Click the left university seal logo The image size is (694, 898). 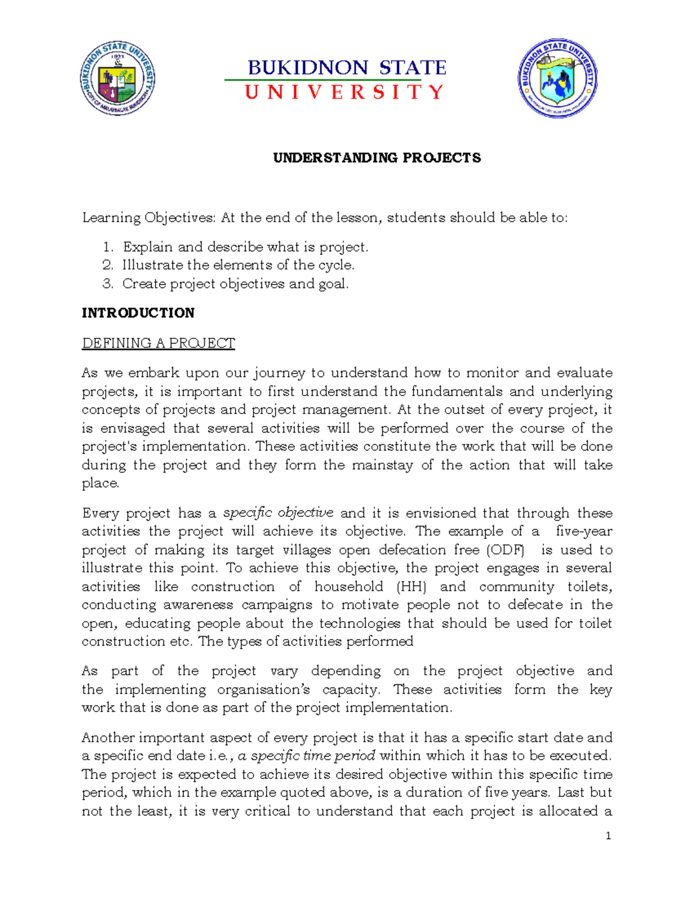click(x=117, y=79)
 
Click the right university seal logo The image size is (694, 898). click(x=557, y=79)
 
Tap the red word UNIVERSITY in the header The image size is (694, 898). click(x=345, y=93)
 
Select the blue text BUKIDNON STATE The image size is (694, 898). click(x=347, y=68)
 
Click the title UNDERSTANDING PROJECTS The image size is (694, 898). click(x=377, y=158)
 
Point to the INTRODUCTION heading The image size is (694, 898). click(x=138, y=313)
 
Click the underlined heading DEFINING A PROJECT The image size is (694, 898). click(x=158, y=343)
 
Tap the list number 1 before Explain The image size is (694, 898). click(x=107, y=247)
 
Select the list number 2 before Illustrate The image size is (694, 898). click(x=107, y=265)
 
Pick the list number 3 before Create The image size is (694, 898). click(x=107, y=284)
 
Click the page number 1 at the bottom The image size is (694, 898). click(x=608, y=836)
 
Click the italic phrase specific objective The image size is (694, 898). click(x=278, y=513)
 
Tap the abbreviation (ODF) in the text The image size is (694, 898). click(x=507, y=550)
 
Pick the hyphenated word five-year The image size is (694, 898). click(x=584, y=531)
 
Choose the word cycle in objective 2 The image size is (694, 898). click(x=335, y=265)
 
